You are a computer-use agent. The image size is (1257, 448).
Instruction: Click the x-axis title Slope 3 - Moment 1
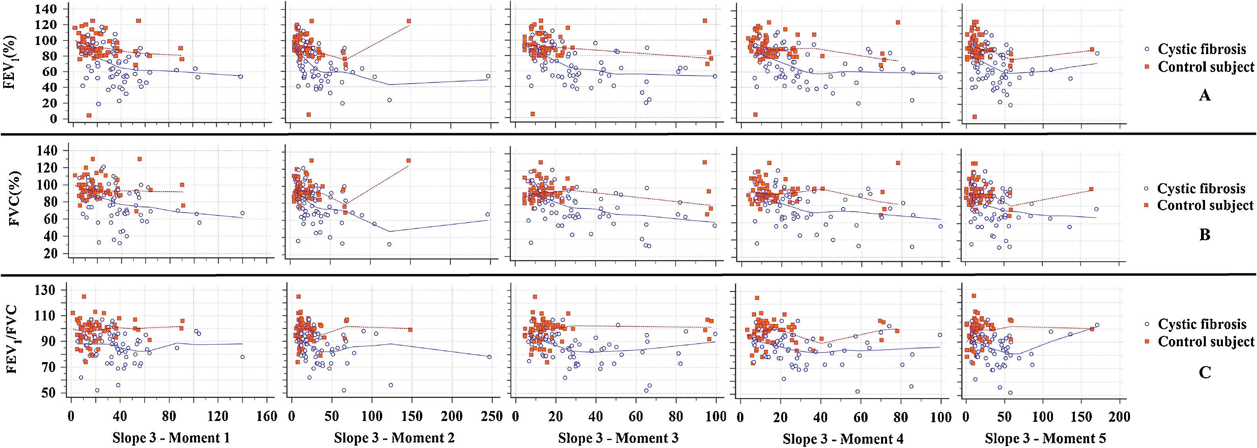pos(168,437)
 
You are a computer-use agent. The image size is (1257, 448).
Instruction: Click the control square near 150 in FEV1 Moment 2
pos(409,21)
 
